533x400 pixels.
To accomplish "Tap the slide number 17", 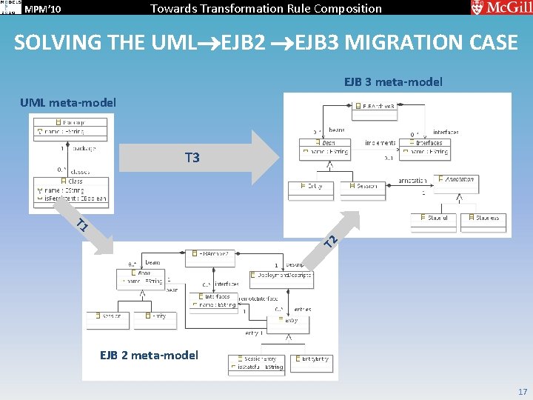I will click(x=523, y=391).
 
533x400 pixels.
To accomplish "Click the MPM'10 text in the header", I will click(x=42, y=9).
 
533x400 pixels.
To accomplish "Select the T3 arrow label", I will click(x=192, y=158).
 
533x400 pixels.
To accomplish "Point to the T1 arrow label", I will click(x=83, y=224).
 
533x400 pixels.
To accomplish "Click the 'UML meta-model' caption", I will click(x=68, y=102).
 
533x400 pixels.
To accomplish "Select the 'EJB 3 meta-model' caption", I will click(x=393, y=81).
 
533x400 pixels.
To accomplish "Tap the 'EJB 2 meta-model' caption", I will click(x=149, y=355).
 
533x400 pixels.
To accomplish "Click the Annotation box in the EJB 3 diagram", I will click(x=456, y=179).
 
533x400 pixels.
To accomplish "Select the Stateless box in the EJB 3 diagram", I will click(x=482, y=219).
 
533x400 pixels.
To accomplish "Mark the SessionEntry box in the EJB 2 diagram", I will click(x=256, y=363).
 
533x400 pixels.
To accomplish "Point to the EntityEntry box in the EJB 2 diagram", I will click(x=312, y=359).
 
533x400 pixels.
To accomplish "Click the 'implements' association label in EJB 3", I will click(x=380, y=143).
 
